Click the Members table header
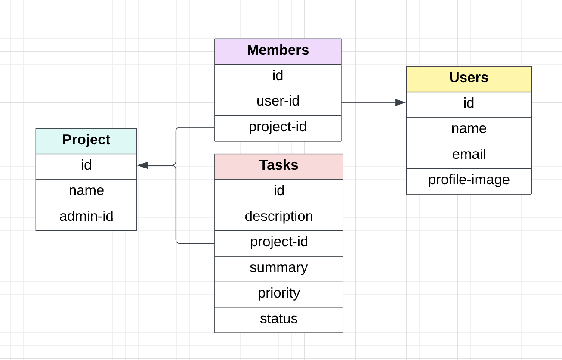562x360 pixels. pyautogui.click(x=278, y=50)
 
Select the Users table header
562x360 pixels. pyautogui.click(x=469, y=78)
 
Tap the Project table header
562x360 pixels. pyautogui.click(x=86, y=140)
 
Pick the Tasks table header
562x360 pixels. pyautogui.click(x=278, y=165)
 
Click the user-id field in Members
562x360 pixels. pyautogui.click(x=278, y=102)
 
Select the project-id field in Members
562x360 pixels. pyautogui.click(x=278, y=127)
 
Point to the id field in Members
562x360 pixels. pyautogui.click(x=278, y=76)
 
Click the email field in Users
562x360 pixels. pyautogui.click(x=469, y=155)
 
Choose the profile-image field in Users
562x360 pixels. pyautogui.click(x=469, y=180)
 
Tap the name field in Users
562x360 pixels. pyautogui.click(x=469, y=129)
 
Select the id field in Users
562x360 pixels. pyautogui.click(x=469, y=103)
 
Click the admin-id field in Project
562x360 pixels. pyautogui.click(x=86, y=217)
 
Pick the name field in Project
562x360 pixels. pyautogui.click(x=86, y=191)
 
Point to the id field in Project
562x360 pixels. pyautogui.click(x=86, y=165)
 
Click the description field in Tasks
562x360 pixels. pyautogui.click(x=278, y=217)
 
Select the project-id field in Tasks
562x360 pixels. pyautogui.click(x=278, y=242)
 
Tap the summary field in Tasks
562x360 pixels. pyautogui.click(x=278, y=268)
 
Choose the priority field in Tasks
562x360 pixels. pyautogui.click(x=278, y=294)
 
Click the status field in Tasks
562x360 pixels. pyautogui.click(x=278, y=319)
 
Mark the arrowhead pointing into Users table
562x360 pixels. pyautogui.click(x=401, y=102)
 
